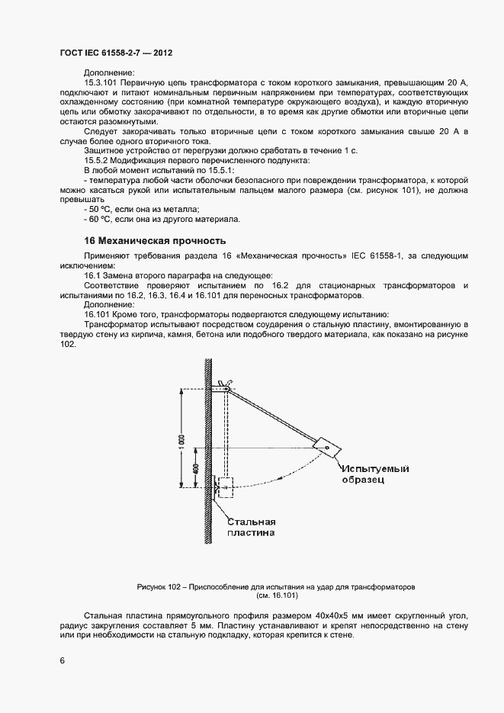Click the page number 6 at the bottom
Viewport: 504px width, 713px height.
click(x=62, y=660)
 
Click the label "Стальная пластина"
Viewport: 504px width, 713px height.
click(x=251, y=528)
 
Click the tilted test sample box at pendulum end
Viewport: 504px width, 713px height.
click(x=326, y=446)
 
